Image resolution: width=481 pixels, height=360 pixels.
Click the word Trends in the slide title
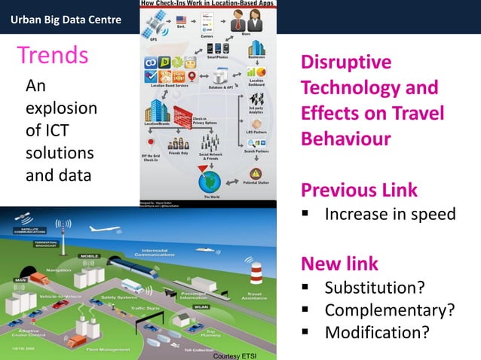(x=54, y=56)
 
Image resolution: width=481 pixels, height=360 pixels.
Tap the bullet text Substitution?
(x=374, y=288)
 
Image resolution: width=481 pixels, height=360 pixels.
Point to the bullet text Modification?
(x=377, y=331)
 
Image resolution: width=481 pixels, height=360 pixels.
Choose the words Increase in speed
(x=390, y=215)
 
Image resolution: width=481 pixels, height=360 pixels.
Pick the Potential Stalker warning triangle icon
(x=256, y=173)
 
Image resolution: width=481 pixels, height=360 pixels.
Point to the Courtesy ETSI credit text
(x=235, y=354)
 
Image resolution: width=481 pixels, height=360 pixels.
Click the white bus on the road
(x=133, y=286)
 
